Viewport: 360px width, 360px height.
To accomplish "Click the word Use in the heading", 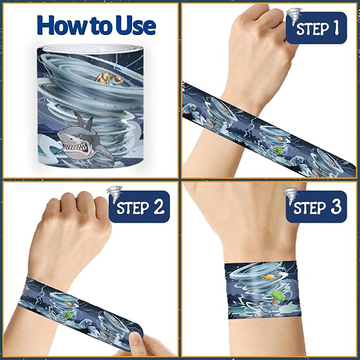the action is point(136,25).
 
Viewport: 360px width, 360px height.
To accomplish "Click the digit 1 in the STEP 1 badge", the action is point(336,28).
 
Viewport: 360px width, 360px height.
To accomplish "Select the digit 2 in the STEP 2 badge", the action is point(159,207).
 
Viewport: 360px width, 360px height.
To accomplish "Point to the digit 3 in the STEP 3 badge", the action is point(336,207).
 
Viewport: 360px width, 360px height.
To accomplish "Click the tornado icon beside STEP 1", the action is point(294,16).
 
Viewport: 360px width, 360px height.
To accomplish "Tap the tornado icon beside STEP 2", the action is point(115,195).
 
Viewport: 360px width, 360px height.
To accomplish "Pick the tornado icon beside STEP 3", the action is point(291,196).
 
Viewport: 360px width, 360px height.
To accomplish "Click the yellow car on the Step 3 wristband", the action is point(268,277).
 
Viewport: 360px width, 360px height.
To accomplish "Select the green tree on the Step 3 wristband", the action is point(277,296).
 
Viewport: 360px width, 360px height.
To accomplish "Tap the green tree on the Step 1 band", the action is point(278,150).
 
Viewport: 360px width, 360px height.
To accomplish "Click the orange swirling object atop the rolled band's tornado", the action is point(109,78).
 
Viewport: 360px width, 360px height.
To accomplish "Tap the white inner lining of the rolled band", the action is point(92,49).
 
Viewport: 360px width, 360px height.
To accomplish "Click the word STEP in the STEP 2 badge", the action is point(133,207).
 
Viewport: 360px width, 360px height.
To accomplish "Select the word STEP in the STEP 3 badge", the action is point(310,207).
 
